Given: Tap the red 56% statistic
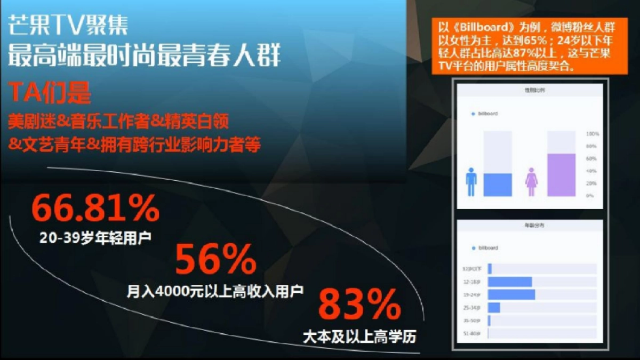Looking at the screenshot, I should point(215,260).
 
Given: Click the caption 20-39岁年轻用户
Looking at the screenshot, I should point(95,238).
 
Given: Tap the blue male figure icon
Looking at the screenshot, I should point(471,182).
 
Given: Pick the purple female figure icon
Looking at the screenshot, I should point(531,182).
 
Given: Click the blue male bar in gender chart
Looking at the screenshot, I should point(498,185).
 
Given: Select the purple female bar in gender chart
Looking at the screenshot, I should point(562,175).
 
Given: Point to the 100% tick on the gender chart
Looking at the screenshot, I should point(593,133).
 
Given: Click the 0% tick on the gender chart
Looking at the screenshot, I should point(590,196).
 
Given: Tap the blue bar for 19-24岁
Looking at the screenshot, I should point(511,295).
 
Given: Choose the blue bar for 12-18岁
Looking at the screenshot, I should point(509,282).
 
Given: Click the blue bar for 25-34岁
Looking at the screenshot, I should point(494,308).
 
